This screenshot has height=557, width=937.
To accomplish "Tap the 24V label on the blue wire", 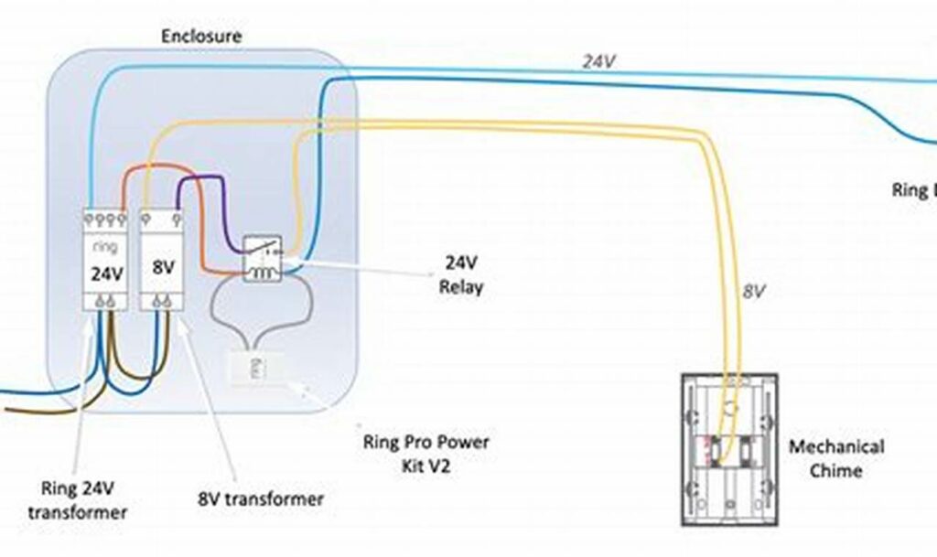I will pos(598,61).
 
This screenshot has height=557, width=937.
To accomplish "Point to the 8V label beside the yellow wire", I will pos(753,292).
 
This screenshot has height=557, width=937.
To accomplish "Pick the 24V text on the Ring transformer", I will pos(104,273).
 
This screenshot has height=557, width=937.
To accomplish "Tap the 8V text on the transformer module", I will pos(164,269).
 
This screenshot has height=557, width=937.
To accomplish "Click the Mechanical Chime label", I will pos(836,458).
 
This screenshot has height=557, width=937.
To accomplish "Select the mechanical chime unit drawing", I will pos(728,448).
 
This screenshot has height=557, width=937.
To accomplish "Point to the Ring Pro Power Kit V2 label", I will pos(425,454).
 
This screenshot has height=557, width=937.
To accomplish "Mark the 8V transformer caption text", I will pos(261,498).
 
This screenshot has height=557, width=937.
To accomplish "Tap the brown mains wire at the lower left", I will pos(37,411).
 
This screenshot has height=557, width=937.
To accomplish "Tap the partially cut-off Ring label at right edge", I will pos(915,190).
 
